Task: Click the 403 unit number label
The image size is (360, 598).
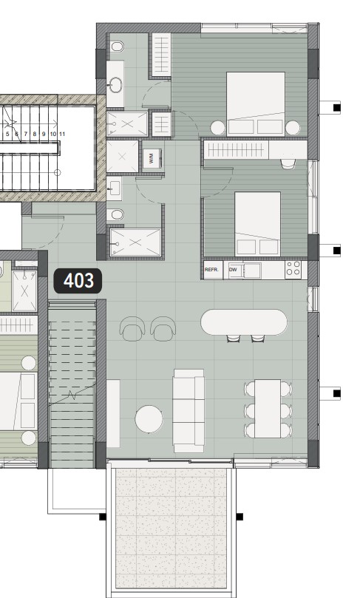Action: [x=78, y=281]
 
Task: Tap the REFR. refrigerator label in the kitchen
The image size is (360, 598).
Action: [x=213, y=270]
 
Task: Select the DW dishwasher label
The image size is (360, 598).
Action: [x=233, y=270]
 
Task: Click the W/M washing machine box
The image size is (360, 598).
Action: [x=152, y=158]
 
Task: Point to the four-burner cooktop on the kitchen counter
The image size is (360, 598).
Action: [x=293, y=269]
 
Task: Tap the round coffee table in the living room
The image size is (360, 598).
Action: [x=149, y=419]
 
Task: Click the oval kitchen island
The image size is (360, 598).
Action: [x=244, y=322]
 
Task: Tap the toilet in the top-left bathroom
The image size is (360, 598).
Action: [x=117, y=48]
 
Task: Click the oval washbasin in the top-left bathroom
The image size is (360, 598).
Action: [x=115, y=84]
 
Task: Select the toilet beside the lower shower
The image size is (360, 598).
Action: [x=115, y=215]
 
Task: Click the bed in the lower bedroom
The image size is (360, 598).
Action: [x=257, y=222]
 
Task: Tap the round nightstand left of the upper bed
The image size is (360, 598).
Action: [x=218, y=127]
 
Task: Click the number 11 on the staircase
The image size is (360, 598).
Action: [x=63, y=134]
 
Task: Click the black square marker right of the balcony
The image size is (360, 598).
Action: [x=240, y=517]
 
